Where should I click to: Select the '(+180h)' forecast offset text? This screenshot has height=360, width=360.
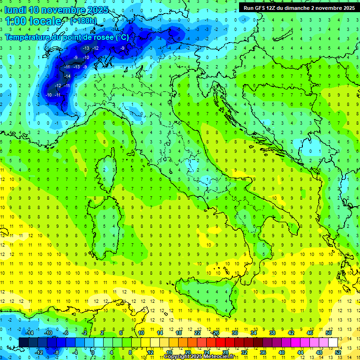tap(84, 21)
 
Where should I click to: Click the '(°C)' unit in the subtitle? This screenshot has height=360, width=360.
tap(121, 37)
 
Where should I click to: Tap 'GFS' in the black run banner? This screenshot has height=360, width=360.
tap(261, 7)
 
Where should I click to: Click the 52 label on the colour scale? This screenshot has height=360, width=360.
tap(337, 352)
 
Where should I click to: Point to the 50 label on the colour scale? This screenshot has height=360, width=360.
tap(329, 333)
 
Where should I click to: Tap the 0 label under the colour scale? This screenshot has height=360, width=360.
tap(93, 352)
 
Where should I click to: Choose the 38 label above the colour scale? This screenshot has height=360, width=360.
tap(272, 333)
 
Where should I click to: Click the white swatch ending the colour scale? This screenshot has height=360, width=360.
tap(333, 343)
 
